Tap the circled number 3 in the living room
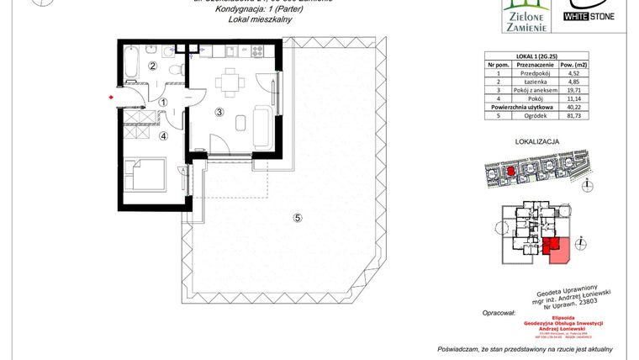(x=219, y=111)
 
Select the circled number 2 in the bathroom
(x=153, y=66)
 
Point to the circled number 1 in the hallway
(x=164, y=103)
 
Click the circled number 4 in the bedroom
(x=164, y=134)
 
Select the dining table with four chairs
(x=226, y=83)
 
